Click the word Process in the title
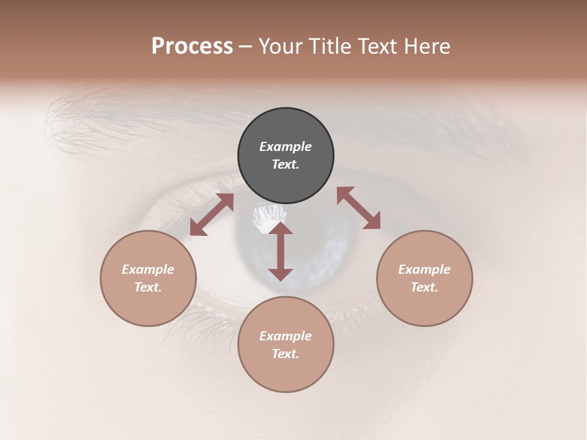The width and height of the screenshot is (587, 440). click(x=192, y=46)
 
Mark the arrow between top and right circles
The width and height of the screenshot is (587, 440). click(x=358, y=208)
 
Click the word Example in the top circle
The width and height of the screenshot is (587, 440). click(x=286, y=147)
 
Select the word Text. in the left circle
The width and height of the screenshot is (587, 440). click(x=148, y=287)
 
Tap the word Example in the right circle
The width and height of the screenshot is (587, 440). click(x=424, y=269)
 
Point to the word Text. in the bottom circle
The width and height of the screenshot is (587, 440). click(x=286, y=354)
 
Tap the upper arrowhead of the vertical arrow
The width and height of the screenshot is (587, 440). click(x=281, y=229)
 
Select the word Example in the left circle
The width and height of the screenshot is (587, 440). click(x=148, y=269)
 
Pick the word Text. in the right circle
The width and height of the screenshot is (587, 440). click(x=424, y=287)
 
